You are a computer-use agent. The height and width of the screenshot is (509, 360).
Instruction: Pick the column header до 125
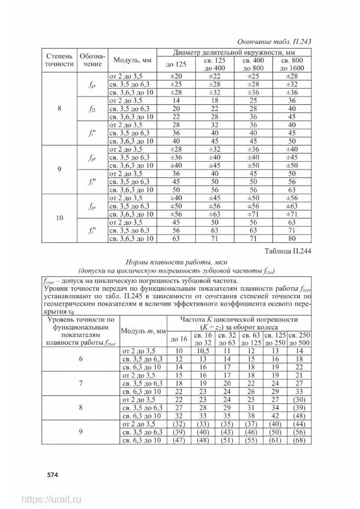[x=177, y=64]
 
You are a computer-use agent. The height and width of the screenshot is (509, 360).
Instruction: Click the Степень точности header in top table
[x=59, y=61]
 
